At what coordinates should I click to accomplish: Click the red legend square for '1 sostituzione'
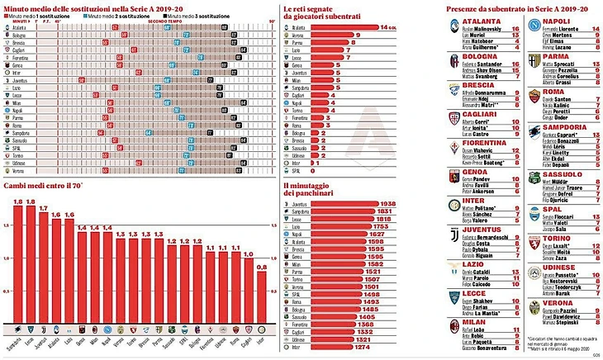point(6,14)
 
